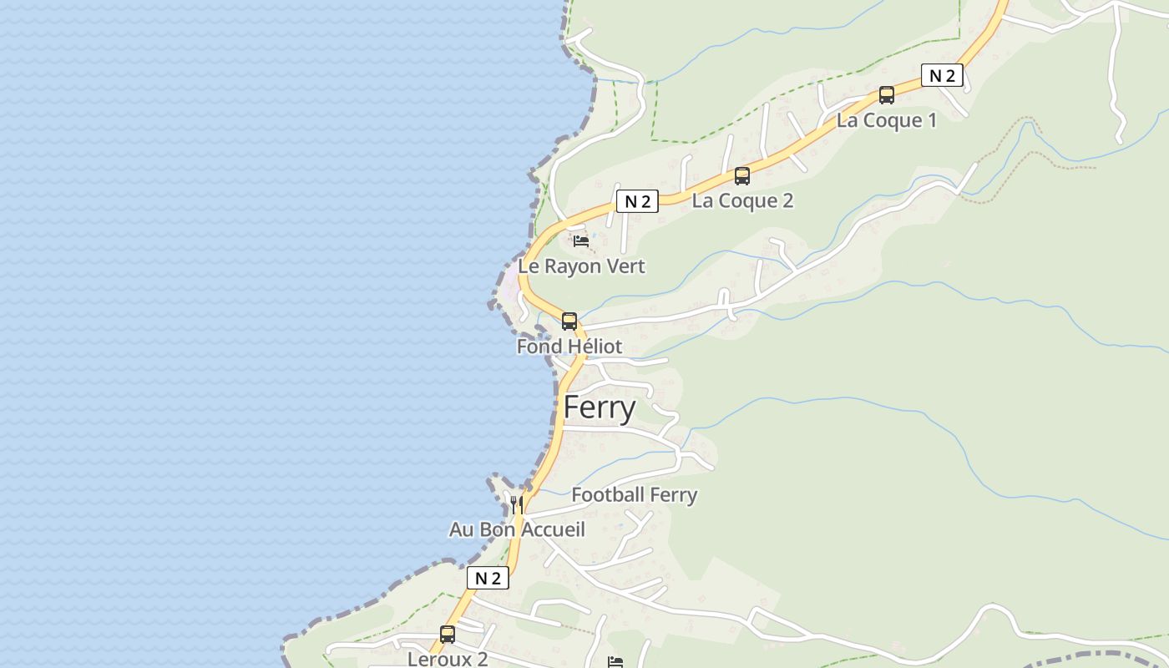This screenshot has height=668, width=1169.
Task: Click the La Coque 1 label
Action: tap(886, 120)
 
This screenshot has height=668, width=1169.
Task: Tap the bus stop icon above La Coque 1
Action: tap(887, 95)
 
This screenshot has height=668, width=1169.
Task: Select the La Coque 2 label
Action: tap(742, 200)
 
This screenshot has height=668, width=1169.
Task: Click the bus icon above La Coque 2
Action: tap(742, 176)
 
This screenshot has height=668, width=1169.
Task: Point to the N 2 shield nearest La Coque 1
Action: tap(942, 75)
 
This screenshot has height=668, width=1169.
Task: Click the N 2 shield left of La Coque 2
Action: tap(637, 200)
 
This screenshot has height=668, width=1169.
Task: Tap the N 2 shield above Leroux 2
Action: tap(488, 578)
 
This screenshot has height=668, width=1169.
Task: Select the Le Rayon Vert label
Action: tap(581, 266)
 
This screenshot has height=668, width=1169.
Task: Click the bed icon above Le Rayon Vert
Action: tap(581, 241)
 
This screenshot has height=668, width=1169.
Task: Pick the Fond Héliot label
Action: tap(569, 346)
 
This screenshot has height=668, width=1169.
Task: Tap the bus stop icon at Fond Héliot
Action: tap(569, 321)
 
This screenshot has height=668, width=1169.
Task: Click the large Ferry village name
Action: tap(600, 407)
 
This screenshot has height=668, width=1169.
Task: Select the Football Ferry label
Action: tap(634, 495)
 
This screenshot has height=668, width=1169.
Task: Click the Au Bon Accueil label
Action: tap(517, 529)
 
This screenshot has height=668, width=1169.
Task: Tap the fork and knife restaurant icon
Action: tap(517, 504)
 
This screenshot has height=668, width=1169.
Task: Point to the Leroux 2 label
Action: tap(448, 658)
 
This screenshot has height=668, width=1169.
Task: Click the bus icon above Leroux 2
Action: tap(448, 635)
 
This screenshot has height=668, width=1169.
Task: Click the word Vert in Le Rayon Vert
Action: tap(626, 266)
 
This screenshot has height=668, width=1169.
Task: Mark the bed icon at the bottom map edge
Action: tap(615, 662)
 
